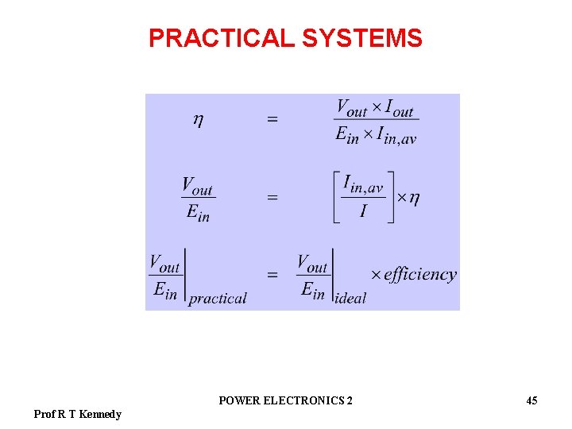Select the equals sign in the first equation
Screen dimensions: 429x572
pyautogui.click(x=272, y=120)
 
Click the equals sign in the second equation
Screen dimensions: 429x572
pyautogui.click(x=272, y=198)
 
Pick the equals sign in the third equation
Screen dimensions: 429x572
pyautogui.click(x=272, y=275)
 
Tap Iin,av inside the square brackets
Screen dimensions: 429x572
pyautogui.click(x=363, y=185)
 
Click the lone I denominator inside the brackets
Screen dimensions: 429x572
pyautogui.click(x=363, y=212)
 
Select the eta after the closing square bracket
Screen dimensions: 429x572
pyautogui.click(x=413, y=198)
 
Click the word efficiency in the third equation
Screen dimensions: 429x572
pyautogui.click(x=420, y=275)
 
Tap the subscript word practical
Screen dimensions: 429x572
pyautogui.click(x=218, y=299)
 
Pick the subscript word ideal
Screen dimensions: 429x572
pyautogui.click(x=351, y=298)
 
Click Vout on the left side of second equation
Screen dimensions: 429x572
pyautogui.click(x=197, y=187)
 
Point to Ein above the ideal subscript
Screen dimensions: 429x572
pyautogui.click(x=313, y=290)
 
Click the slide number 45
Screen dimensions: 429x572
pyautogui.click(x=531, y=400)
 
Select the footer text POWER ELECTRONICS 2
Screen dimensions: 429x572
pyautogui.click(x=285, y=400)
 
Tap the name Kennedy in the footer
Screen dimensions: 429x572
pyautogui.click(x=100, y=414)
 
